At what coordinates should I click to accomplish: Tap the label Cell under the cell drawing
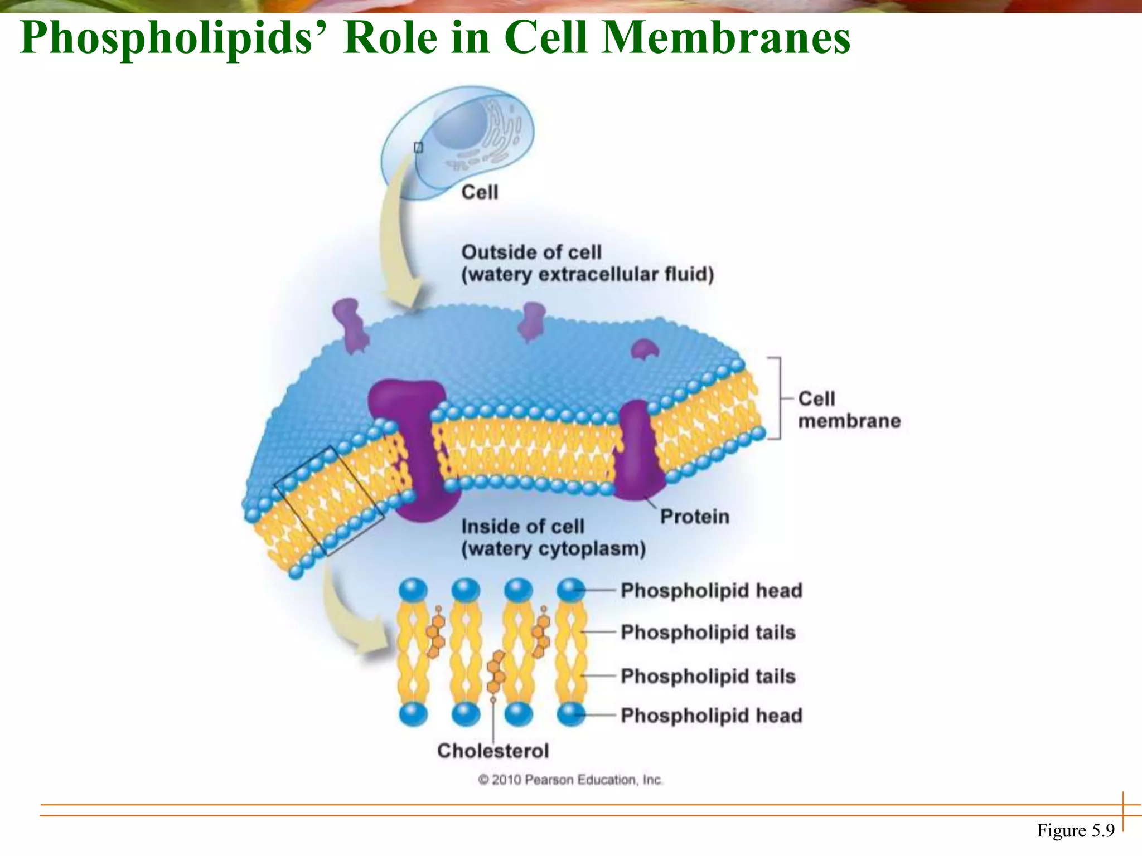[x=480, y=192]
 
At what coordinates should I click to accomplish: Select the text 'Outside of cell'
[x=531, y=252]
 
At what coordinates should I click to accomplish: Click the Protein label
[x=694, y=517]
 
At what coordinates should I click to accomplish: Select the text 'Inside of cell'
[x=522, y=527]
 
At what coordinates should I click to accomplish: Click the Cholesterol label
[x=493, y=751]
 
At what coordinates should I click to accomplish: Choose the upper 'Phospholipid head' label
[x=711, y=590]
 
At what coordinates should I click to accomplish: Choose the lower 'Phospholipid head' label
[x=711, y=715]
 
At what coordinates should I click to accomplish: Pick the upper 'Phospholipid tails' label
[x=708, y=633]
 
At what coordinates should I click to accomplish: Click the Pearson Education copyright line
[x=570, y=780]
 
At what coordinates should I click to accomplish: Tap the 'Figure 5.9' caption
[x=1075, y=830]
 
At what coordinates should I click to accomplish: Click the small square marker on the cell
[x=418, y=147]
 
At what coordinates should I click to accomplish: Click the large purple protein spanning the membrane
[x=418, y=446]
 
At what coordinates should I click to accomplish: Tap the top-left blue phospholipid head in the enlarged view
[x=413, y=590]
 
